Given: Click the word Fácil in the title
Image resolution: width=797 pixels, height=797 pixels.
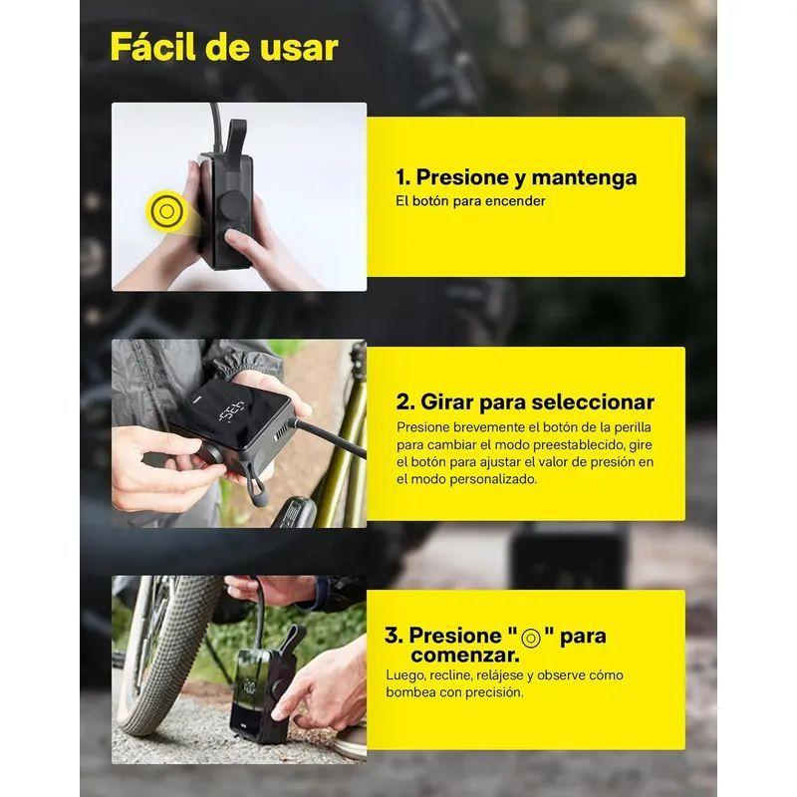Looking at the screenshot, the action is [x=153, y=47].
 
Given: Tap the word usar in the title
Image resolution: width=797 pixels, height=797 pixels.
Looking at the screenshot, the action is [x=299, y=48].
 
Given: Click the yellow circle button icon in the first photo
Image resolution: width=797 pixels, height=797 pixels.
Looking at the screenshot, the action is [x=165, y=210].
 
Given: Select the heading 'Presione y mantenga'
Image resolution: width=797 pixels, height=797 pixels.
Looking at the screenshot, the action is [x=526, y=178].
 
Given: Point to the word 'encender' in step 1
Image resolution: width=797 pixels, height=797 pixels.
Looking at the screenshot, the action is [x=515, y=201].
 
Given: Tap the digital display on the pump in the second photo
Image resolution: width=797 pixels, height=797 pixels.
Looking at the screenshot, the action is [x=231, y=411].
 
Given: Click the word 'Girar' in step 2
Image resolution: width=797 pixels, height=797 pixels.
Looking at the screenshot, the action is [x=446, y=402].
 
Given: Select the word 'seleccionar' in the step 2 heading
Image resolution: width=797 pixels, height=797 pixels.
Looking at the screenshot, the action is [x=596, y=402].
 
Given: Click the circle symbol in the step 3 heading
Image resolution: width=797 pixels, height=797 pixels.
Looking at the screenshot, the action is [x=531, y=638].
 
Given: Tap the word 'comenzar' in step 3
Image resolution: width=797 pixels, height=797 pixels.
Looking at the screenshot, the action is [x=465, y=656].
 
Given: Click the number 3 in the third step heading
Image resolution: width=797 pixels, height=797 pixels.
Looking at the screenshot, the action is [x=394, y=636].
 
